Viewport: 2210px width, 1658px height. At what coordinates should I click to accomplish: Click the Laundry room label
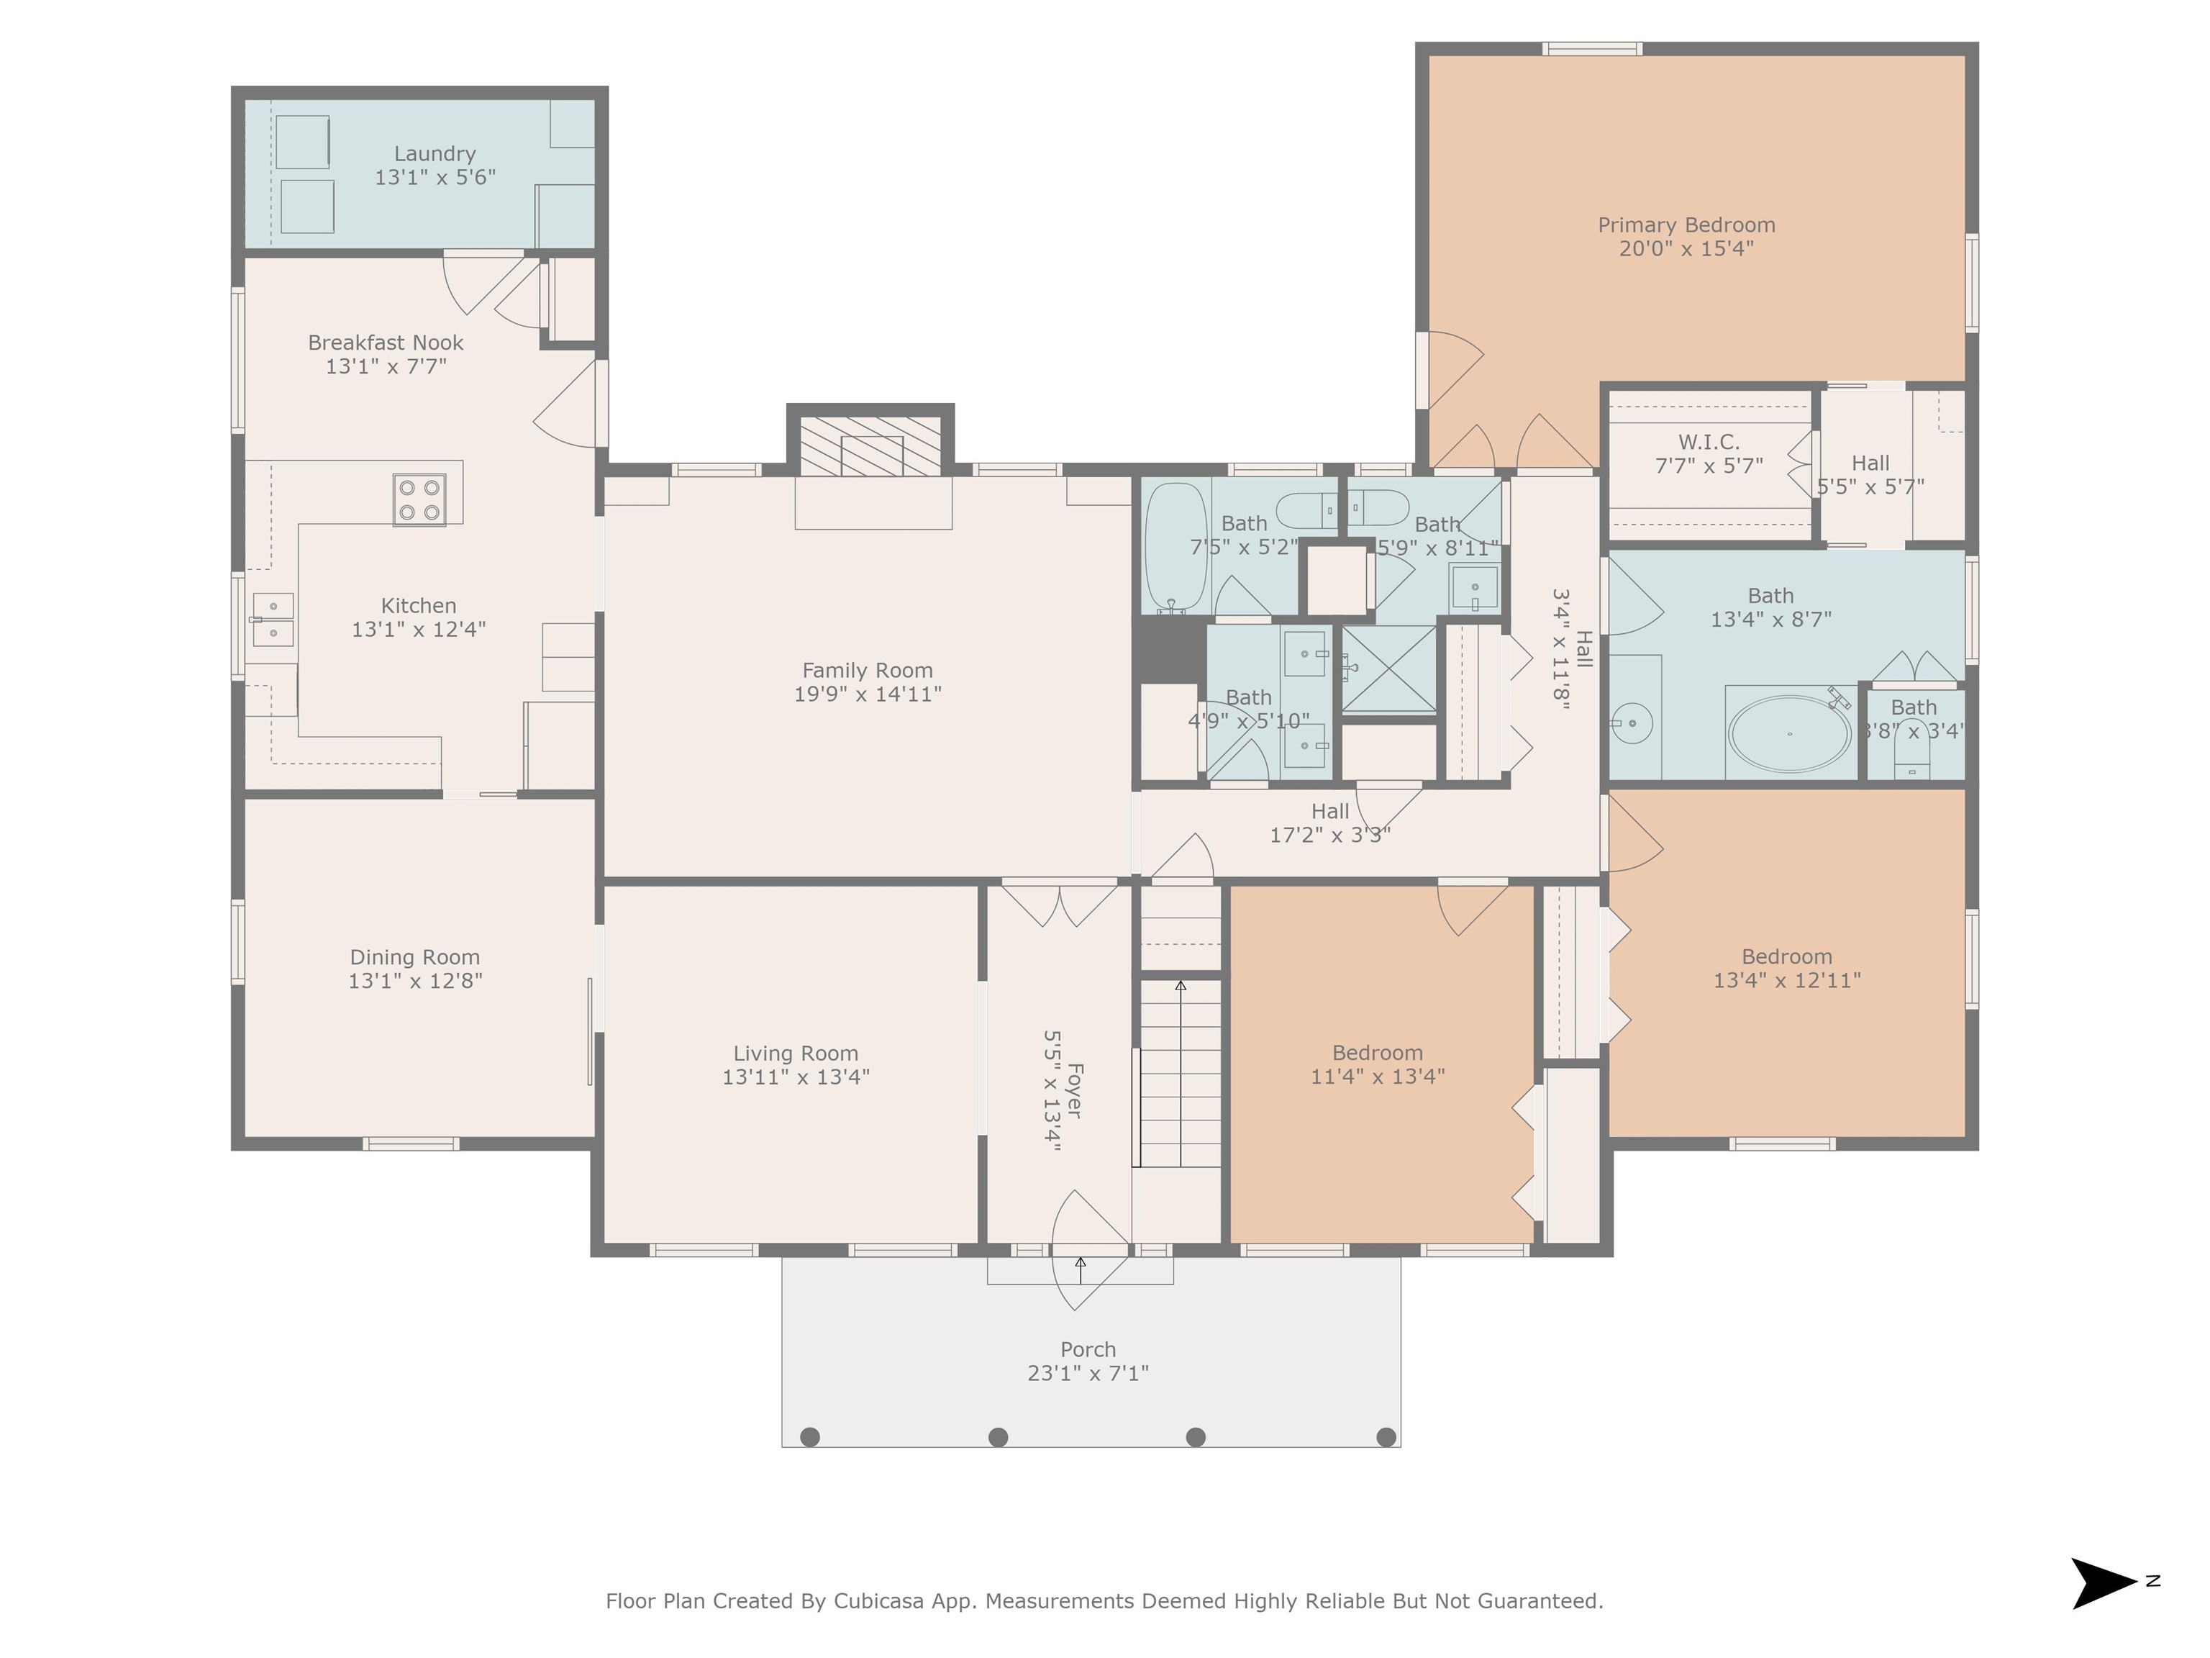pyautogui.click(x=435, y=154)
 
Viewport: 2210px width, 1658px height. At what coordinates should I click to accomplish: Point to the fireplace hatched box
pyautogui.click(x=870, y=445)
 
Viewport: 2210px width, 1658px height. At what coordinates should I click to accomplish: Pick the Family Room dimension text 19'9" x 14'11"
pyautogui.click(x=867, y=694)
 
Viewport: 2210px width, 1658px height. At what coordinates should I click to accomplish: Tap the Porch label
pyautogui.click(x=1088, y=1350)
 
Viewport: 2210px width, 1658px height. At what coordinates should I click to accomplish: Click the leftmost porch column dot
pyautogui.click(x=810, y=1437)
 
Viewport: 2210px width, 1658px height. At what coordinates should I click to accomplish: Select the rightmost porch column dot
pyautogui.click(x=1386, y=1437)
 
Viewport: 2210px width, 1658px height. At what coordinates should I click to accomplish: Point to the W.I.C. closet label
pyautogui.click(x=1709, y=442)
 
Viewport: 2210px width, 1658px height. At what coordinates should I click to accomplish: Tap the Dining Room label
pyautogui.click(x=414, y=957)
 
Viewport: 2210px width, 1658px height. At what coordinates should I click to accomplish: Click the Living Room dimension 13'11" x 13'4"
pyautogui.click(x=796, y=1077)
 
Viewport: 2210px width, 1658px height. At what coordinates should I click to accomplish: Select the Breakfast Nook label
pyautogui.click(x=386, y=343)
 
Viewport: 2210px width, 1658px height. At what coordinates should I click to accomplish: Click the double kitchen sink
pyautogui.click(x=273, y=620)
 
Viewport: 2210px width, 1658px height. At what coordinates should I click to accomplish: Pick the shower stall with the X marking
pyautogui.click(x=1388, y=669)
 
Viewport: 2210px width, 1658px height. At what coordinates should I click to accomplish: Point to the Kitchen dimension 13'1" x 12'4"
pyautogui.click(x=419, y=630)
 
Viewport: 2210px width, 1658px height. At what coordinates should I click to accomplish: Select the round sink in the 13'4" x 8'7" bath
pyautogui.click(x=1632, y=722)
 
